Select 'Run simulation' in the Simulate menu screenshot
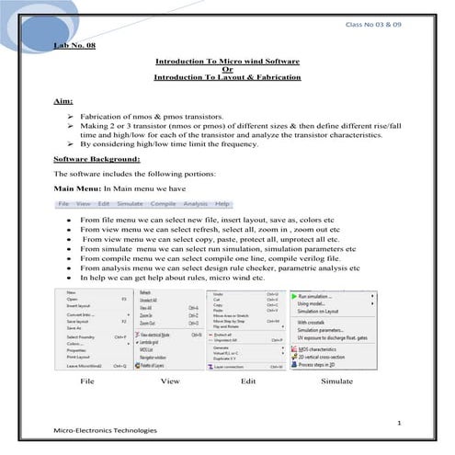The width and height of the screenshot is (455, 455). (x=317, y=296)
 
